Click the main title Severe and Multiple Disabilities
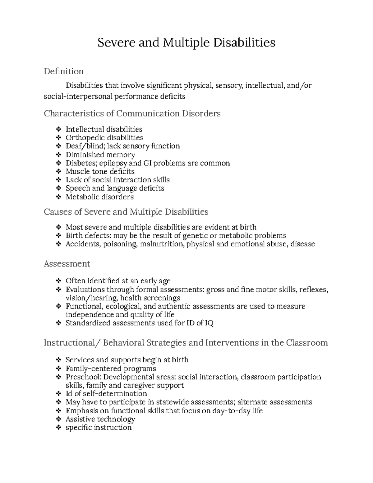coord(186,43)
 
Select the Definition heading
coord(63,72)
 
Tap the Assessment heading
coord(67,264)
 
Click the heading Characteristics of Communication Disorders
coord(132,114)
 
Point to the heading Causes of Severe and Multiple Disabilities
coord(126,212)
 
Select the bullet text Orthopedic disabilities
coord(104,138)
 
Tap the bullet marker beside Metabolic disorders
coord(58,197)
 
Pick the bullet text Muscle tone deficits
coord(100,172)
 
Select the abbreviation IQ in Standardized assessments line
coord(209,323)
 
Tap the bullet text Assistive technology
coord(100,419)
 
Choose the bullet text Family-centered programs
coord(111,369)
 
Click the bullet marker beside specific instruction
coord(58,428)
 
